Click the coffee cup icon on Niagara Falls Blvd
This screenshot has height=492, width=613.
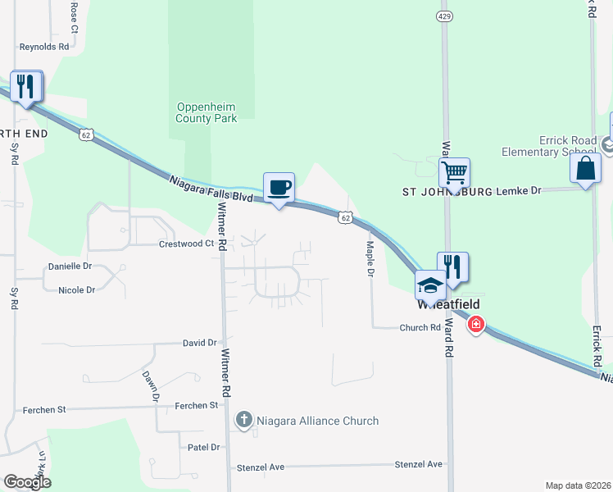click(x=279, y=187)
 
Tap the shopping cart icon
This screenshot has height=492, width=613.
click(x=454, y=173)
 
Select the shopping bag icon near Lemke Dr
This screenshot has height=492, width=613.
click(x=585, y=170)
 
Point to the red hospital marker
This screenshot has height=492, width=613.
click(x=475, y=326)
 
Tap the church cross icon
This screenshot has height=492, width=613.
click(x=243, y=421)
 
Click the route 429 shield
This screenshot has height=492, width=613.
click(x=443, y=16)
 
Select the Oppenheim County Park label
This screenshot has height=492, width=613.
click(x=207, y=112)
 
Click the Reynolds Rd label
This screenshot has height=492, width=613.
click(x=44, y=47)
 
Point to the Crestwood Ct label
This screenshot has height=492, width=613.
click(x=186, y=244)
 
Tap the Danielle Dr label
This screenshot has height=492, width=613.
click(x=70, y=266)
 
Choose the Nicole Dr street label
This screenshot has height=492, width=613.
click(x=77, y=289)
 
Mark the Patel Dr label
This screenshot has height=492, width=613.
click(x=204, y=447)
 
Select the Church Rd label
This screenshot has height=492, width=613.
click(x=420, y=327)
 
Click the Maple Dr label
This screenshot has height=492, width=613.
click(x=370, y=262)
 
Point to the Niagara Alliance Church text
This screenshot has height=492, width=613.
click(x=316, y=421)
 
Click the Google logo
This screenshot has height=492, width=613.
click(x=27, y=482)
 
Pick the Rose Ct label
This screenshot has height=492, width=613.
click(x=74, y=16)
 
